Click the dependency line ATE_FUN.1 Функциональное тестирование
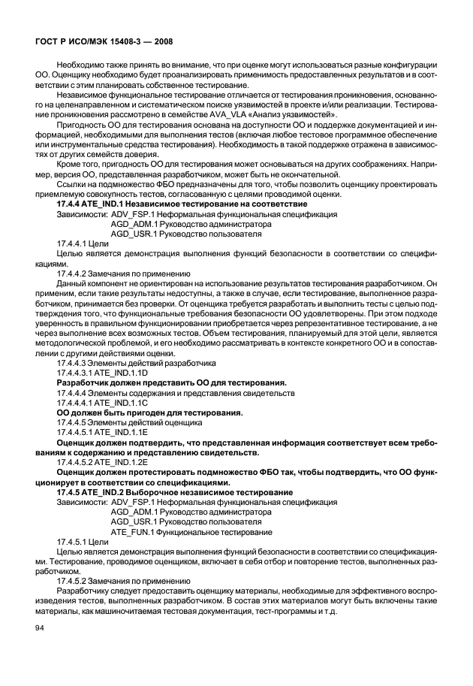[191, 531]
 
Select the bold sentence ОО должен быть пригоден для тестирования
[150, 413]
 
